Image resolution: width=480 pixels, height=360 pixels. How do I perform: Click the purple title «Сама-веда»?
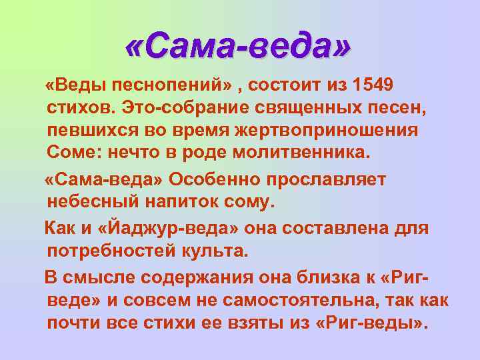point(237,46)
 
